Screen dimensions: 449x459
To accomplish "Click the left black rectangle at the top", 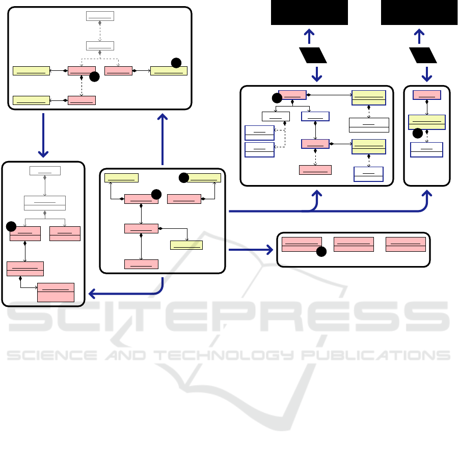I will click(309, 12).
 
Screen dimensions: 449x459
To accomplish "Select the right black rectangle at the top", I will click(419, 12).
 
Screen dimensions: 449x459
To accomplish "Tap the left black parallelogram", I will click(313, 55).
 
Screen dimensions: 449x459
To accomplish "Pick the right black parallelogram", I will click(423, 55).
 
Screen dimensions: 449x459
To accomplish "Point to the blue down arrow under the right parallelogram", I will click(427, 74).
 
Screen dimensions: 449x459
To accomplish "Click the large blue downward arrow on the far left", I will click(43, 136).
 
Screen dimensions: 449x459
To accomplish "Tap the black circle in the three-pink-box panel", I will click(321, 251).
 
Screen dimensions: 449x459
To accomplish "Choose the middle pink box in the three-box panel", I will click(354, 244).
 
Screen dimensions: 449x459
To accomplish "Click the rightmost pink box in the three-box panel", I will click(406, 244).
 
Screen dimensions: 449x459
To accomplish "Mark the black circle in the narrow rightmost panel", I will click(417, 133).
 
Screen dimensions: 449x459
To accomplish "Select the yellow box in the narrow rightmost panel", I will click(427, 122).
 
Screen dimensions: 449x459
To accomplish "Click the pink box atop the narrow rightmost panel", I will click(427, 94).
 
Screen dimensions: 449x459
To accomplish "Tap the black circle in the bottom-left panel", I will click(12, 226).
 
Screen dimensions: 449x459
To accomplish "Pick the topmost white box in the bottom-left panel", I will click(45, 170).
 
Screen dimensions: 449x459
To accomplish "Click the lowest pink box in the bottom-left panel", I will click(56, 292).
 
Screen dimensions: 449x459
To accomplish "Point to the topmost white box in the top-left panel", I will click(100, 15).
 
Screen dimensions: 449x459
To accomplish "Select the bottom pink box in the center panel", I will click(141, 264).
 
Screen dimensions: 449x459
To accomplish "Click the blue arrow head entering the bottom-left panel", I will click(92, 294).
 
